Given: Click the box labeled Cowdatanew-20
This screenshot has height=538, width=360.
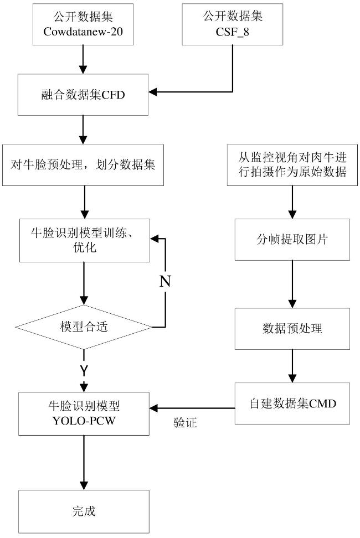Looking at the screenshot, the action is (x=83, y=24).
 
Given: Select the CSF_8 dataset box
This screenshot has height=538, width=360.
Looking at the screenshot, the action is (x=232, y=24).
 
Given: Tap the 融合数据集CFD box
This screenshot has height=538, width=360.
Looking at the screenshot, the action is (x=83, y=94).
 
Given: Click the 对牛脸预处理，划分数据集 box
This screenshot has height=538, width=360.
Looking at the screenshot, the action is (x=83, y=165).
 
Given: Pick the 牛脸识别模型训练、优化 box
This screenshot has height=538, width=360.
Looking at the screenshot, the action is (x=84, y=240).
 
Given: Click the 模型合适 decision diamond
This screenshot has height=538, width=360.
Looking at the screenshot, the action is (x=84, y=327).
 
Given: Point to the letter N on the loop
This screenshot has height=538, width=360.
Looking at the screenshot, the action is (x=165, y=281).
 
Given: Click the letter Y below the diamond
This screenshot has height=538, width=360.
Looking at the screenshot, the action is (x=84, y=370).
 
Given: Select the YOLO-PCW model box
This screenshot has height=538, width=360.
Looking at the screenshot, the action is (x=84, y=414).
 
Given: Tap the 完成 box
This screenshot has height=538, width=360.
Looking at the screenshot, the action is (x=84, y=511).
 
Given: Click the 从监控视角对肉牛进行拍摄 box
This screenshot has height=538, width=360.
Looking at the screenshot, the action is (x=292, y=165).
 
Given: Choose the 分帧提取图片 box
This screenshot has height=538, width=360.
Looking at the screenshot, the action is (x=292, y=240).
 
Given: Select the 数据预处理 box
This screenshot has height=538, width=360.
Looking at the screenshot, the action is (x=292, y=329).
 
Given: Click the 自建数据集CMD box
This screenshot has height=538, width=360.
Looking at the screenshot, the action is (x=292, y=403).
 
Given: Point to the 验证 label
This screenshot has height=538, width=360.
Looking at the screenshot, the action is (x=186, y=422).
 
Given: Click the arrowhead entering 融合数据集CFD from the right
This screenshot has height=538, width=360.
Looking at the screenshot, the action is (x=153, y=92).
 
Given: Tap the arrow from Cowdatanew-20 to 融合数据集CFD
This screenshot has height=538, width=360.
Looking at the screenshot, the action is (x=83, y=59).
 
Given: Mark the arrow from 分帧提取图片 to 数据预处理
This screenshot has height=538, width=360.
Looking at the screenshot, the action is (x=292, y=284).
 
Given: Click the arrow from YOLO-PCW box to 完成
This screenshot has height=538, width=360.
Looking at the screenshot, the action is (x=84, y=463).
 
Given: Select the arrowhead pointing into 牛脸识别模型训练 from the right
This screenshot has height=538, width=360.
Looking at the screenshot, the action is (x=155, y=239).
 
